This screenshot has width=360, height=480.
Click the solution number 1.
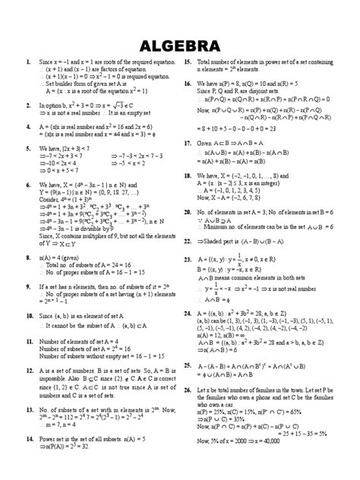click(x=27, y=61)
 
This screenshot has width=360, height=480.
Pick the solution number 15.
click(x=188, y=61)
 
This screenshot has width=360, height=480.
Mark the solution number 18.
click(x=188, y=175)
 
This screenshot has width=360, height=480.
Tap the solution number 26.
click(x=188, y=389)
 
